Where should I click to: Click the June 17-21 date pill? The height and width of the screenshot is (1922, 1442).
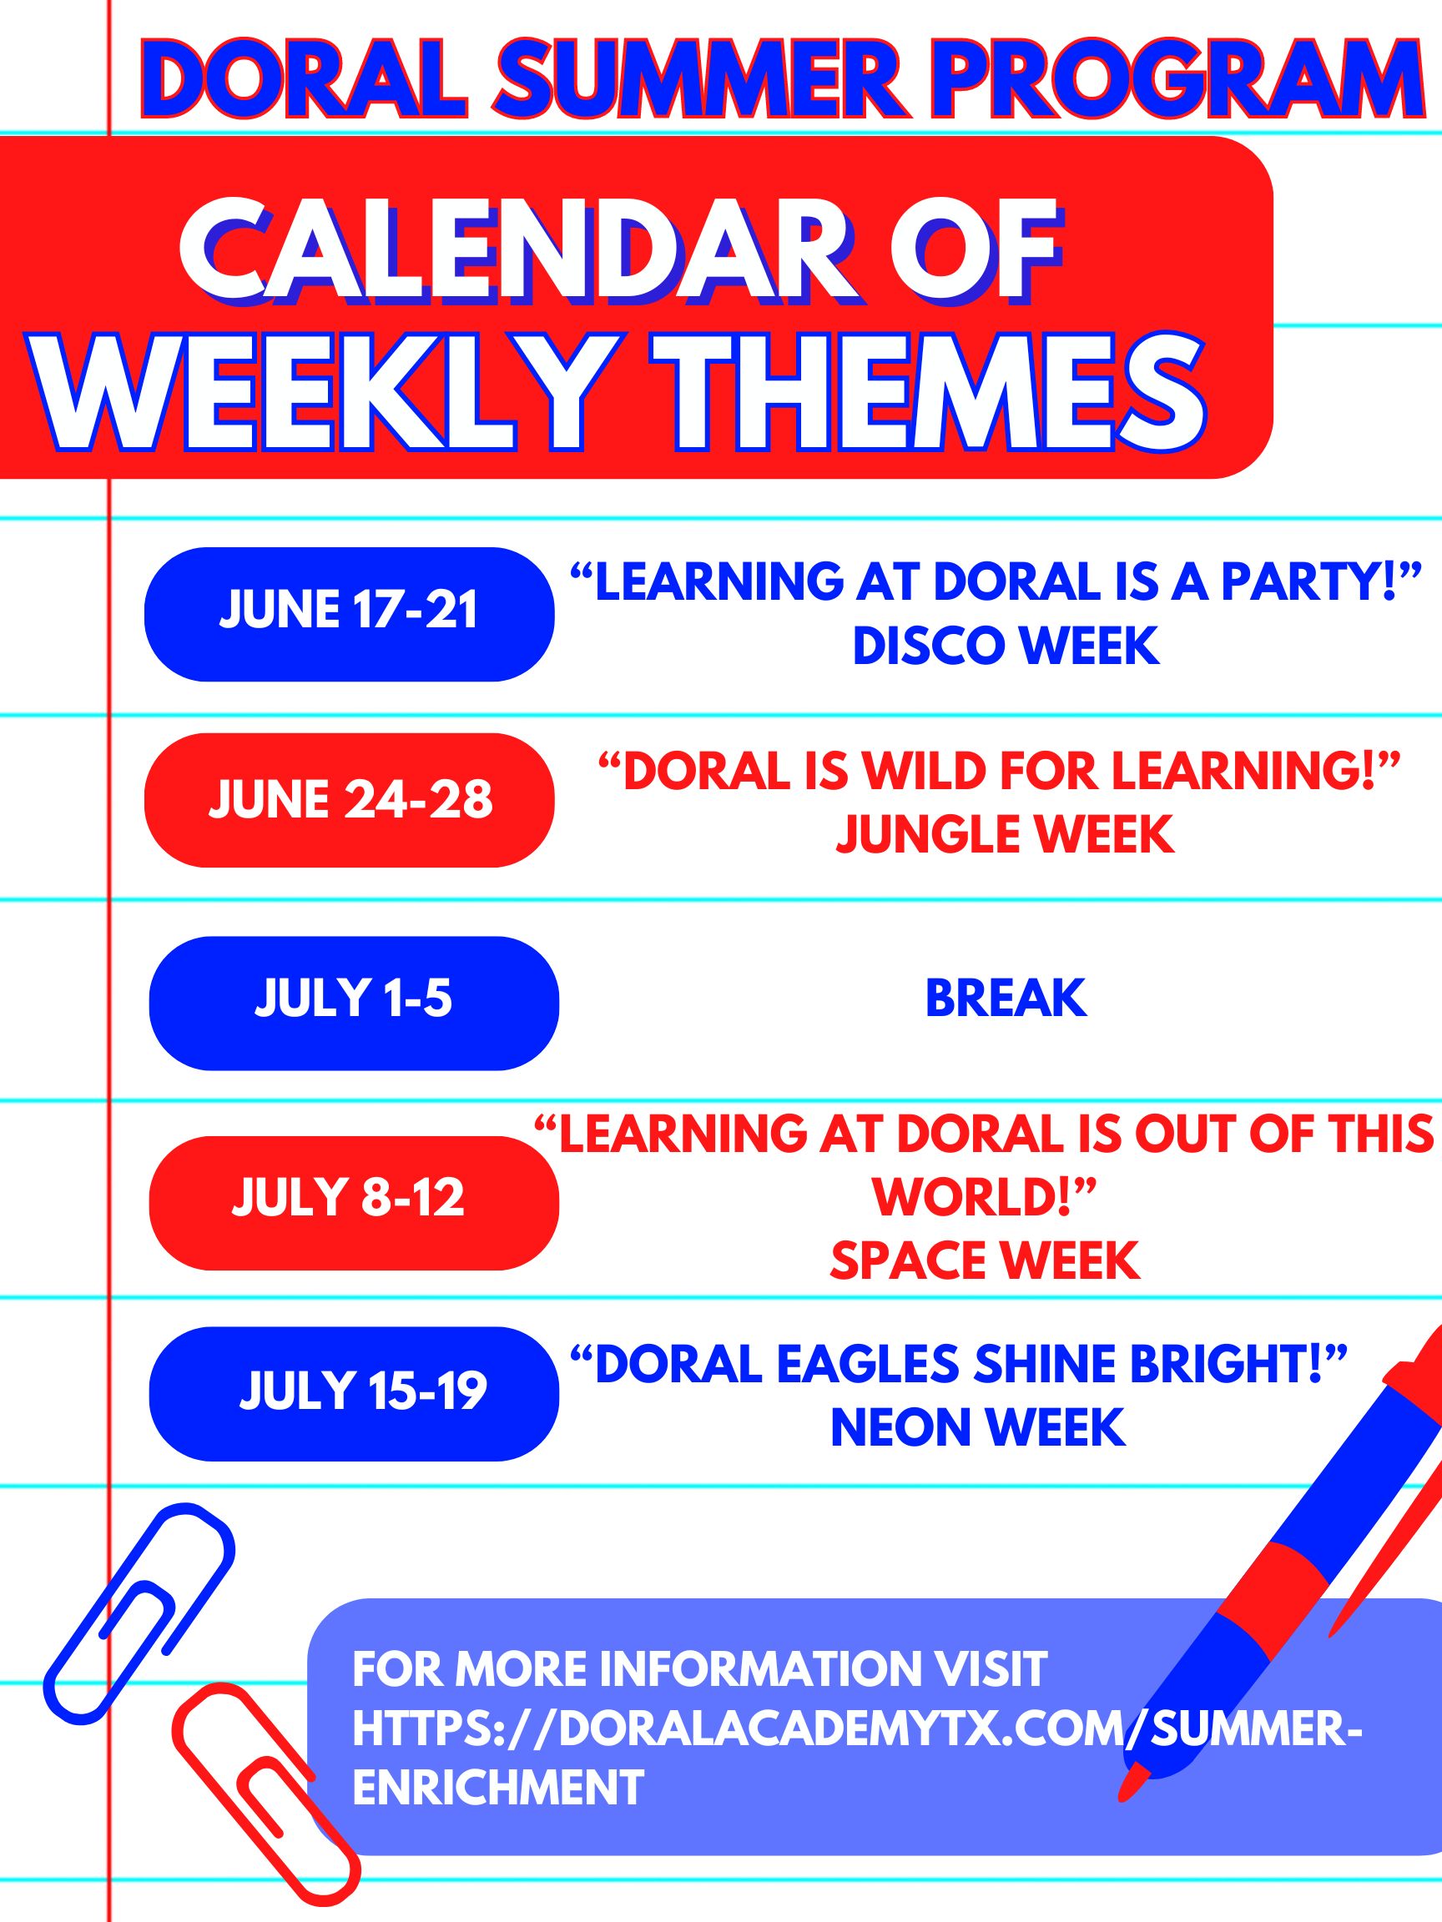click(x=349, y=613)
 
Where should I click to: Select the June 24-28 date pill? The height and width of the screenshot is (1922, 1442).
click(x=349, y=799)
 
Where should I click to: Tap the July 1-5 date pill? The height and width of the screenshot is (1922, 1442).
click(x=354, y=1003)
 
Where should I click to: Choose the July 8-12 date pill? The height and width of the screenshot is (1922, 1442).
click(x=354, y=1203)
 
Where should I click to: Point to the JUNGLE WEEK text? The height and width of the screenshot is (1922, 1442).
click(x=1005, y=834)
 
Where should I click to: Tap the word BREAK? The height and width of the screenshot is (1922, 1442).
click(x=1006, y=998)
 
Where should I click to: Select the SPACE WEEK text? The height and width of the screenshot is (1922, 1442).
click(x=985, y=1260)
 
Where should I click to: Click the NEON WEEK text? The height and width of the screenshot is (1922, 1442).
click(x=979, y=1427)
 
